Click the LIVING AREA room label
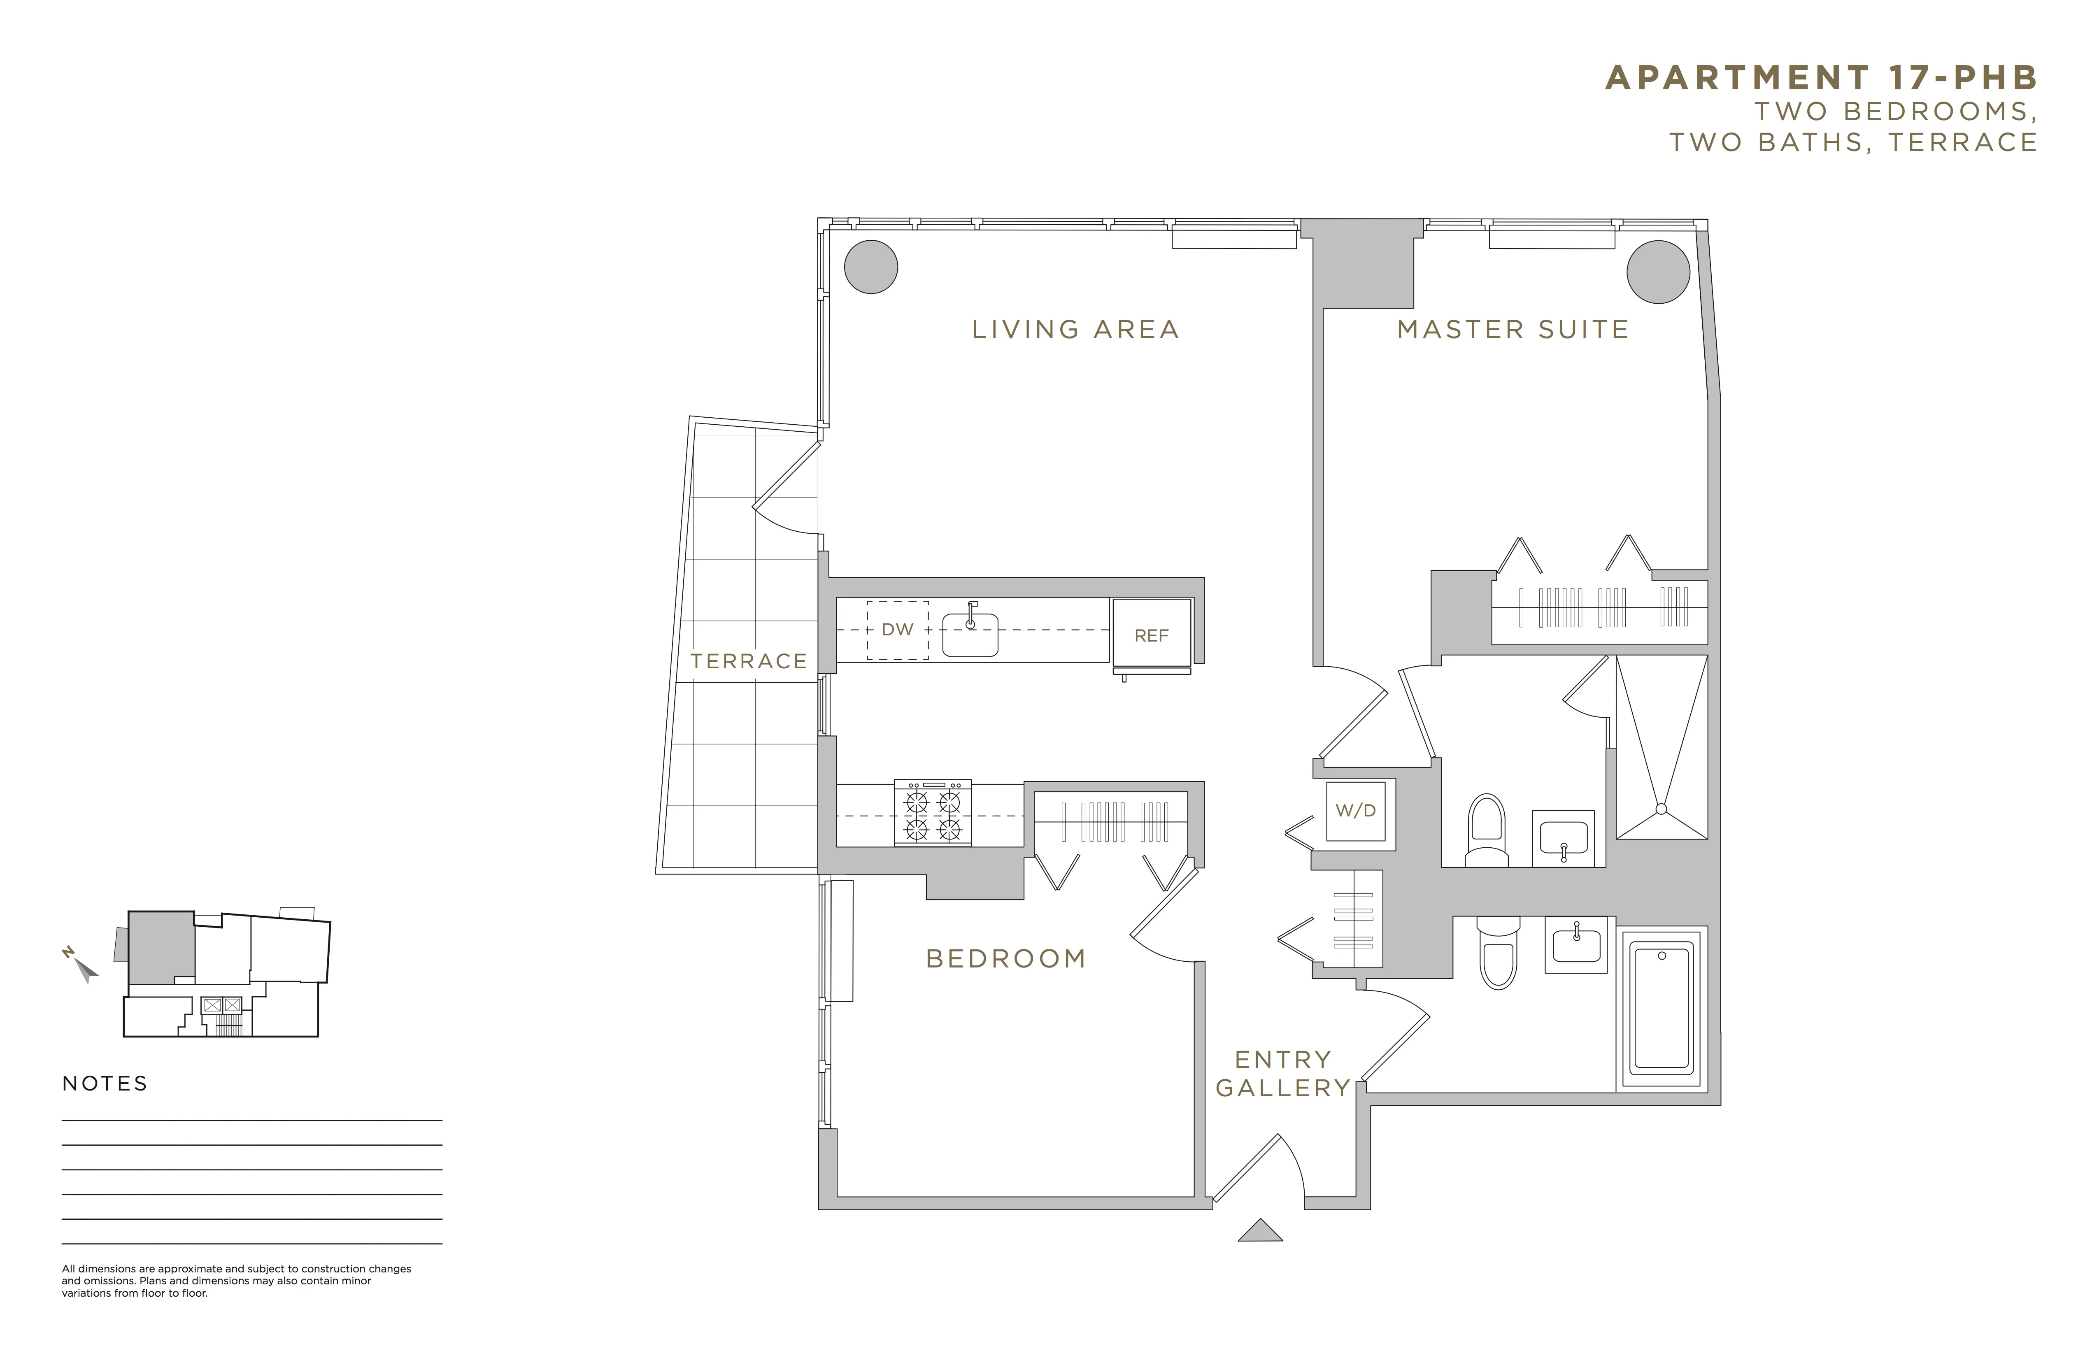[1075, 330]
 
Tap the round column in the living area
[871, 266]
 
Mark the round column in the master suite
[1658, 272]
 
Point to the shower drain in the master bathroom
[1662, 808]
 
